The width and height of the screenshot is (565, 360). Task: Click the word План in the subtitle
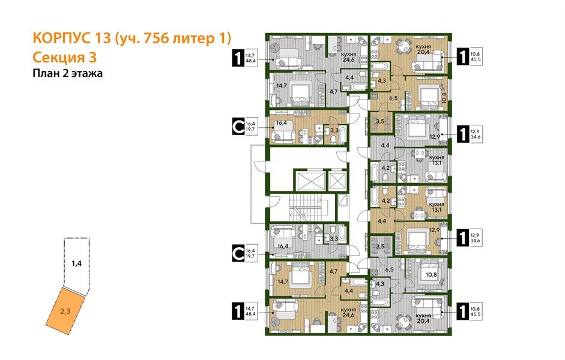coord(46,74)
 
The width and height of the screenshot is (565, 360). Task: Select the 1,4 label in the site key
coord(76,263)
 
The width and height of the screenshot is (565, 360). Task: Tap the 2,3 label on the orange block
coord(66,311)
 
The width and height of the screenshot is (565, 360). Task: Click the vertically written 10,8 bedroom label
coord(444,97)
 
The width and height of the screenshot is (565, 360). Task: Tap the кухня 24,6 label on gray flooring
coord(349,57)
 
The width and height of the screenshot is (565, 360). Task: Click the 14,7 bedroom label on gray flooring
coord(280,86)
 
